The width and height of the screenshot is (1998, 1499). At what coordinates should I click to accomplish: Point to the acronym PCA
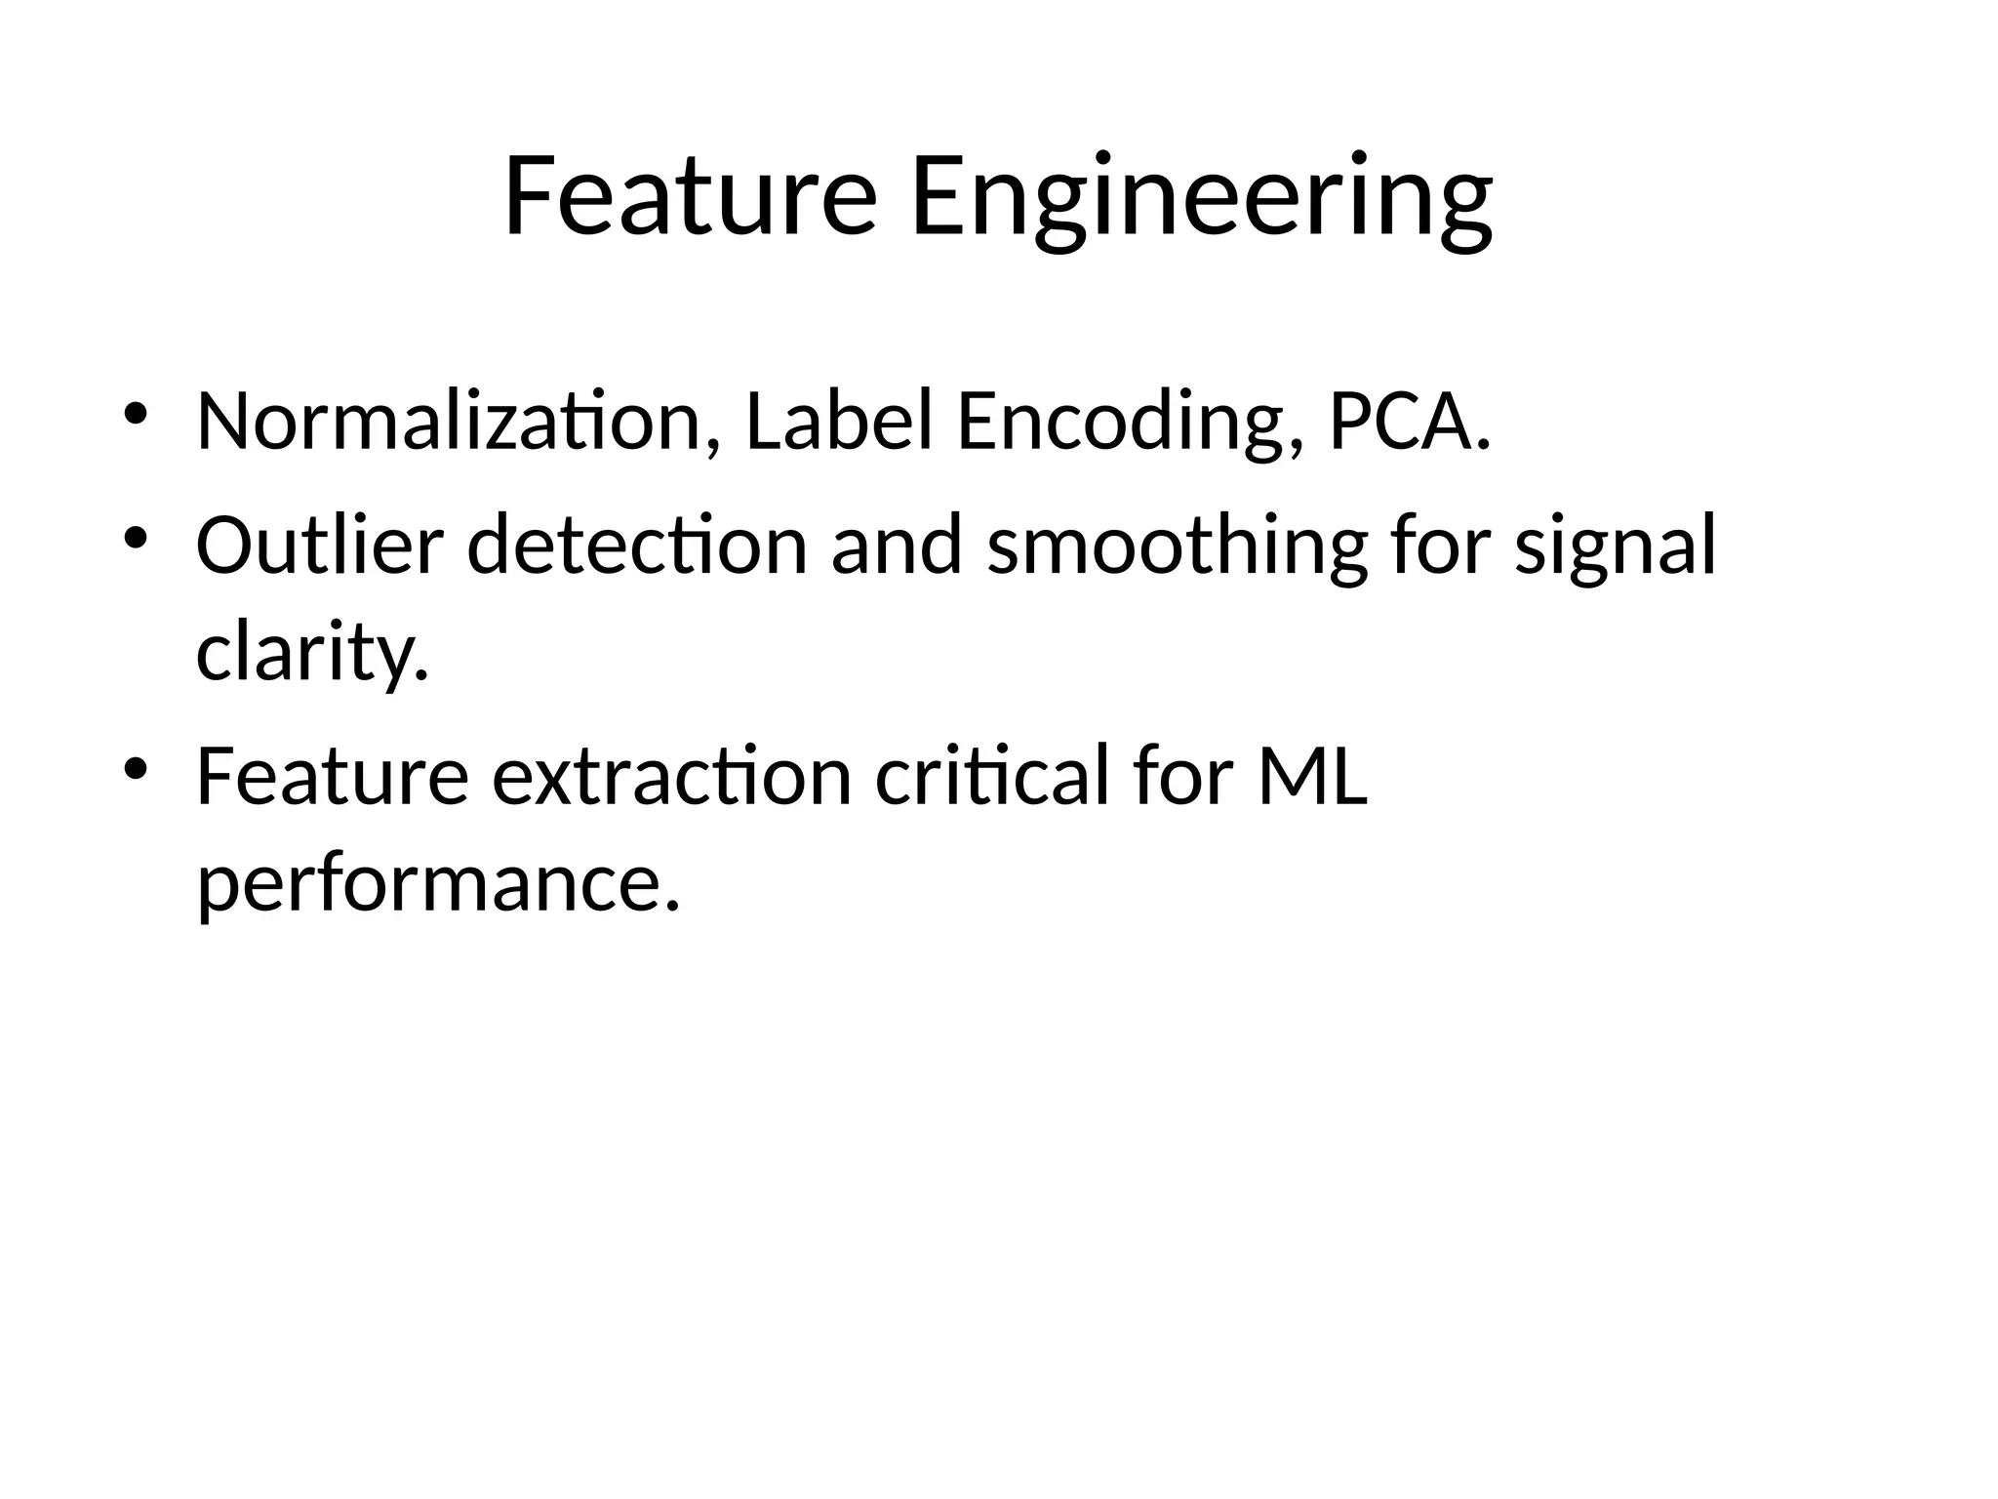point(1409,421)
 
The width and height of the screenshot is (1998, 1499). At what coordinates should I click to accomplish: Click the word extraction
point(672,776)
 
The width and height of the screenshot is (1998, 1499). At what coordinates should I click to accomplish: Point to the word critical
point(992,776)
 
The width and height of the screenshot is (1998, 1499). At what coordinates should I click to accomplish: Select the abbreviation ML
point(1312,776)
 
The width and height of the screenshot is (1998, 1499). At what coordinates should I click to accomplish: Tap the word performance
point(437,883)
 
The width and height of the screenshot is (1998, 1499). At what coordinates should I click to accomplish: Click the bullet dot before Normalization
point(135,414)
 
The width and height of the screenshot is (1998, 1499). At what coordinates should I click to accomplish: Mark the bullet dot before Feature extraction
point(135,769)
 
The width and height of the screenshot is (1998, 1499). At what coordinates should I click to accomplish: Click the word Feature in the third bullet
point(333,776)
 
